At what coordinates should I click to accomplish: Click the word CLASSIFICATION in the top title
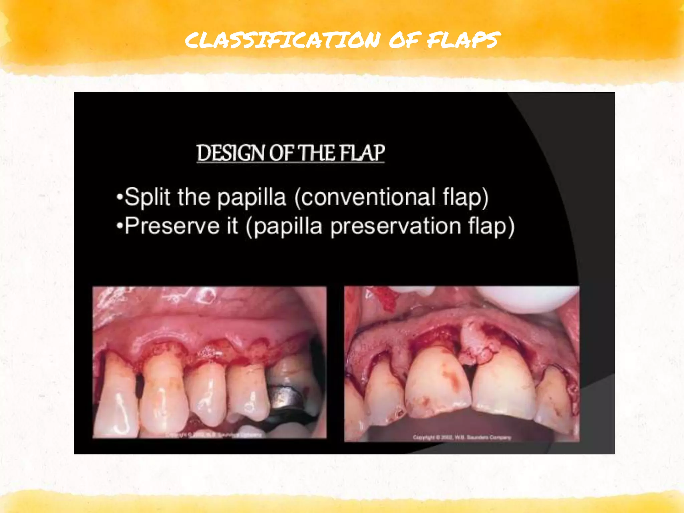tap(283, 40)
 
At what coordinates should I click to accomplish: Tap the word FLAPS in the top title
tap(464, 40)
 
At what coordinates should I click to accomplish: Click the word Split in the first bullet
tap(147, 197)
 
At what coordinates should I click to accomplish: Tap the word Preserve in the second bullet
tap(172, 226)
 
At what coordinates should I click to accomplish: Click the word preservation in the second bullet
tap(395, 226)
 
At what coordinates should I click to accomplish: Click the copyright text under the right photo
tap(462, 437)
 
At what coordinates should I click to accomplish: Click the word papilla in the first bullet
tap(251, 197)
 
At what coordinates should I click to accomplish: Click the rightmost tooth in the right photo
tap(554, 401)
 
